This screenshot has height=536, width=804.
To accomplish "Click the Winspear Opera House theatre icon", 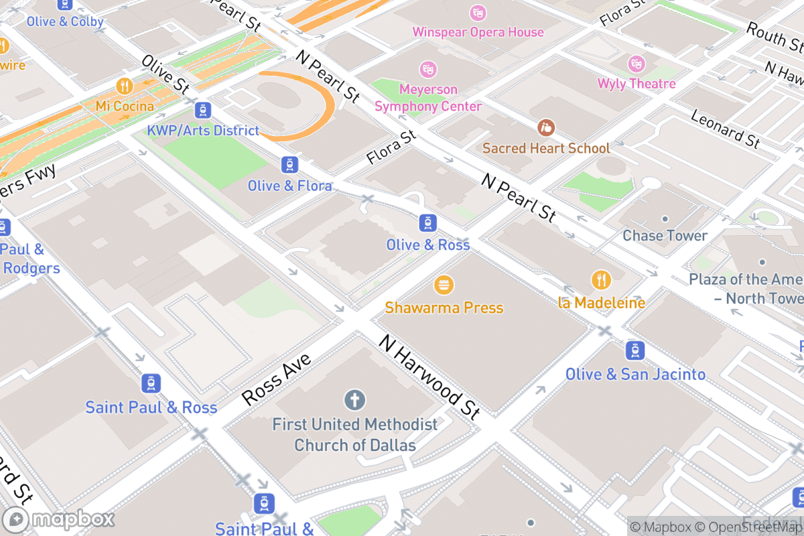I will [478, 13].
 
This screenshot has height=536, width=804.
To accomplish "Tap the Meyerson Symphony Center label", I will [428, 98].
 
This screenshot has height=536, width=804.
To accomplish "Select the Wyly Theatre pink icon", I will [636, 64].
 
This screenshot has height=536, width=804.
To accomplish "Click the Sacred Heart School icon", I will [546, 127].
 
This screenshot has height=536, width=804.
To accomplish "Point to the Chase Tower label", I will [665, 236].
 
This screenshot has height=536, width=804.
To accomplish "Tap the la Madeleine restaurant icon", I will [601, 279].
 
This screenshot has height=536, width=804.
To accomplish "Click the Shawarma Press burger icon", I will [443, 285].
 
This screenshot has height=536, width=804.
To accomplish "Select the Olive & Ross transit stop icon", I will [428, 223].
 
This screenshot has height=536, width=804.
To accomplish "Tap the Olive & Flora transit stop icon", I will [289, 164].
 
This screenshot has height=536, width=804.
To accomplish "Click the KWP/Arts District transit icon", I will [203, 110].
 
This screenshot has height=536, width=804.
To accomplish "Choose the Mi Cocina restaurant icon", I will [125, 86].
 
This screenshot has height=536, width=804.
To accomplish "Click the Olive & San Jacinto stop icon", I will [635, 350].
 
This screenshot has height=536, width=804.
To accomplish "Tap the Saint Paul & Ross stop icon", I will [151, 383].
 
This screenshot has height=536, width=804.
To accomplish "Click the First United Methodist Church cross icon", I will [354, 401].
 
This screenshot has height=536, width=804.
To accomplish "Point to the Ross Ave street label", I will [276, 379].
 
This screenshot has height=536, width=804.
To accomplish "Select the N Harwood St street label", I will [429, 377].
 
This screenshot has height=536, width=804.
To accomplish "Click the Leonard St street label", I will [725, 128].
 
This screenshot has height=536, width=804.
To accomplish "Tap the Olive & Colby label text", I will [65, 21].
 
